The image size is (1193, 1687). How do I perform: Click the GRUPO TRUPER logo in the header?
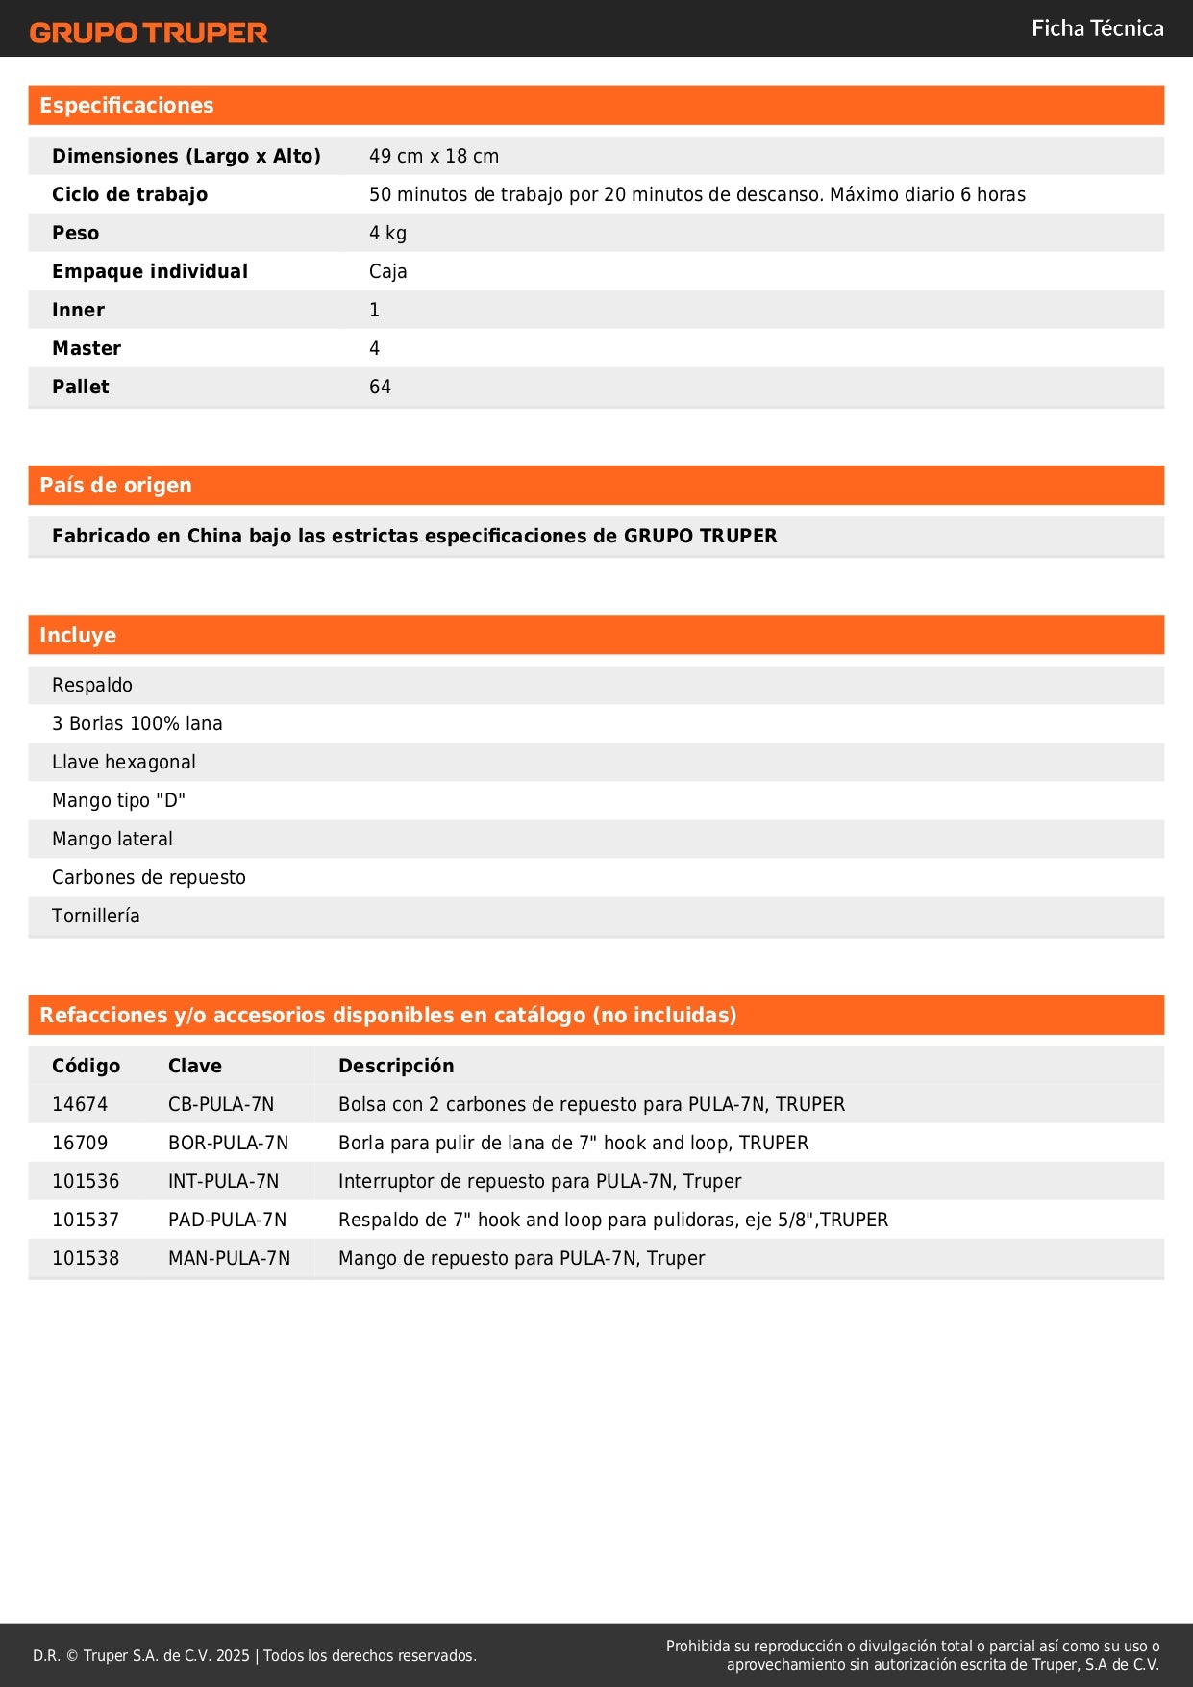click(148, 33)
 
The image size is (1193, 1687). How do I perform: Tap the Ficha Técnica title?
click(1097, 29)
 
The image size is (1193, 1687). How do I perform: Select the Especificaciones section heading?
click(127, 106)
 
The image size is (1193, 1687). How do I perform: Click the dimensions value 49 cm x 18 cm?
click(434, 156)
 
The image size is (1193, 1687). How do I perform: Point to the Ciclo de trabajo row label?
click(130, 194)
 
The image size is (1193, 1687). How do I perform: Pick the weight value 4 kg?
click(387, 233)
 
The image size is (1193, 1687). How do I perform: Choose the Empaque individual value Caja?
click(387, 271)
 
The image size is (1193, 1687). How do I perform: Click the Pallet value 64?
click(380, 387)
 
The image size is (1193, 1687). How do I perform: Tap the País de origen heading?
click(115, 486)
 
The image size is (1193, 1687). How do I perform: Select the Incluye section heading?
click(78, 635)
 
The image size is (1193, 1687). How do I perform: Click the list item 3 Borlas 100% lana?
click(137, 723)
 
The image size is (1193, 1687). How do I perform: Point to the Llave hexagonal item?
click(124, 762)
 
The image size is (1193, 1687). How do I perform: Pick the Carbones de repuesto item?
click(149, 877)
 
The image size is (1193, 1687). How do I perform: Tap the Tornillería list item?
click(96, 916)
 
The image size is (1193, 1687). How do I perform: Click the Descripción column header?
click(396, 1066)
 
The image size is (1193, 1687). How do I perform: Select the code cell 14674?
click(80, 1104)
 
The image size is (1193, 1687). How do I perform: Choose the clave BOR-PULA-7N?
click(228, 1143)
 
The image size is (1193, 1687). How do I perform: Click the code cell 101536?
click(86, 1181)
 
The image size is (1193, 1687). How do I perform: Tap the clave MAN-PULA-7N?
click(229, 1258)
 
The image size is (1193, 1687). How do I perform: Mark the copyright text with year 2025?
click(255, 1655)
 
